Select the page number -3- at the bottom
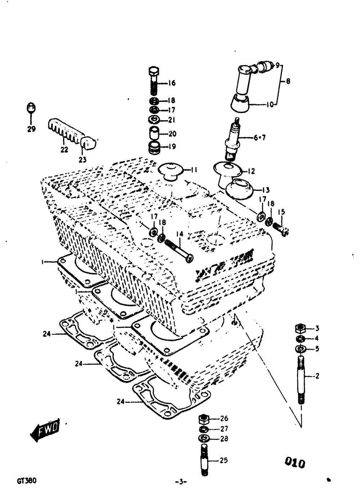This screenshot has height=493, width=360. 180,481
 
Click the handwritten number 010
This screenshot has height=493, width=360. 295,462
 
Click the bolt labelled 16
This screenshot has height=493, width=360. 154,82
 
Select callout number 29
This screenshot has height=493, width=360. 31,129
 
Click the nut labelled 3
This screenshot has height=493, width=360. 301,328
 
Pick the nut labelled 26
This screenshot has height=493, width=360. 204,419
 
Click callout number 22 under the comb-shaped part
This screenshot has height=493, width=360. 64,150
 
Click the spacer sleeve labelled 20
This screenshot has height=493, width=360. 154,134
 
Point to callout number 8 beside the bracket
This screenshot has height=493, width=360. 288,81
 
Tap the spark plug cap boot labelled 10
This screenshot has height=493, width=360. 240,104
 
